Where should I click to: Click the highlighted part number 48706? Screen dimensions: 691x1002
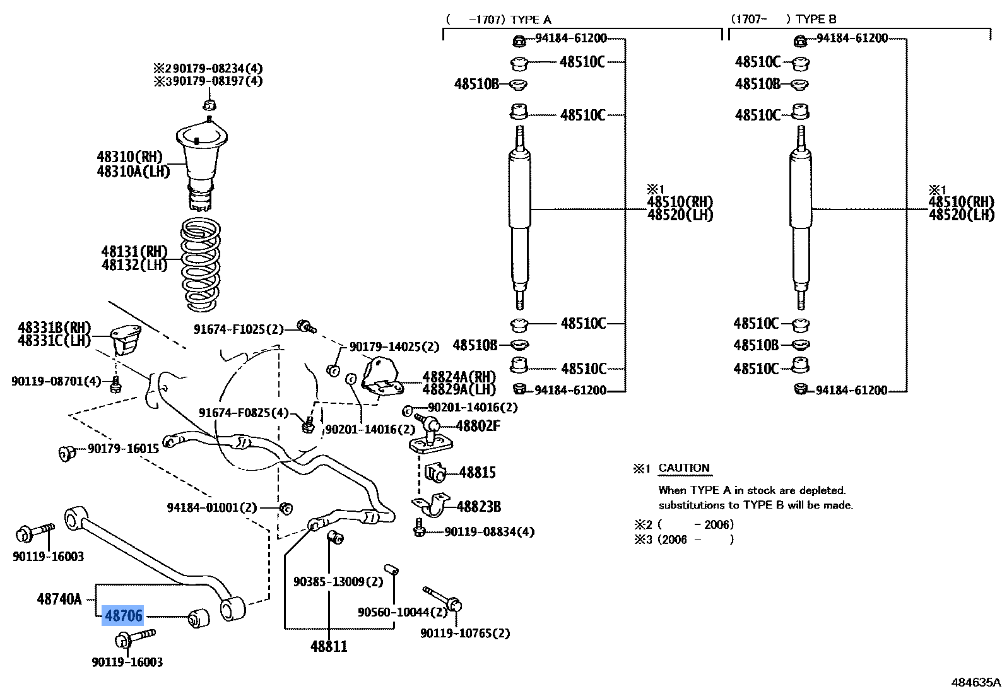point(123,615)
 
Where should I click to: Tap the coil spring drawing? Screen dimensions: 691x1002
point(201,265)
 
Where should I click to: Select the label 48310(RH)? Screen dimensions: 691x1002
point(129,157)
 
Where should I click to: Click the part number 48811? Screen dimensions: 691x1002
point(329,646)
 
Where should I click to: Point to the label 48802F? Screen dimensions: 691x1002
point(478,426)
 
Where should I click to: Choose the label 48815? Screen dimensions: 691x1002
point(477,473)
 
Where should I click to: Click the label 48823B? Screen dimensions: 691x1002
point(478,507)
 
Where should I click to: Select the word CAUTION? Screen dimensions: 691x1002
point(684,468)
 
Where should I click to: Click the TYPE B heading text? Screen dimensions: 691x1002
point(816,20)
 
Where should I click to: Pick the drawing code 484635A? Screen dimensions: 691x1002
point(975,682)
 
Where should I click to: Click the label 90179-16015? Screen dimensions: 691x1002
point(123,448)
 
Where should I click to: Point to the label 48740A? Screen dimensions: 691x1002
point(59,599)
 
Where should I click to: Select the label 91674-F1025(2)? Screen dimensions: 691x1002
point(239,329)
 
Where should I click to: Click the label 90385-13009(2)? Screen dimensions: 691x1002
point(338,581)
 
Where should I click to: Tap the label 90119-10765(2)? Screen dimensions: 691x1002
point(465,633)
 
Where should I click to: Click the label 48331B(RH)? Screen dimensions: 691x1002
point(54,328)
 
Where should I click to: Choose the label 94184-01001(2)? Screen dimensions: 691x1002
point(212,507)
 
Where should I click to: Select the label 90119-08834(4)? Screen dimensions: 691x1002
point(489,532)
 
